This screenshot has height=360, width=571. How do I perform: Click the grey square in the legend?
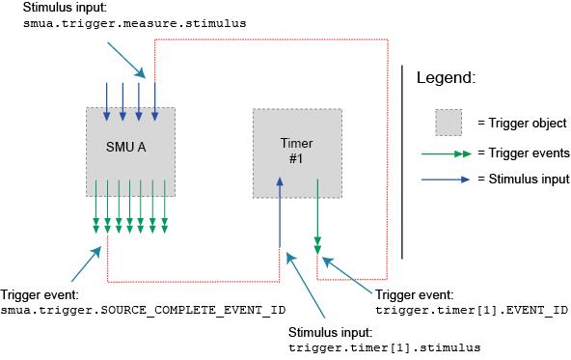click(448, 123)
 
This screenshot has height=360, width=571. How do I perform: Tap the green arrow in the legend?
click(448, 152)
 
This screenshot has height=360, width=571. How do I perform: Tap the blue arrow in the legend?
click(448, 179)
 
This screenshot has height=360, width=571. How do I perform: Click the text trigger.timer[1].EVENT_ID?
click(470, 311)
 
